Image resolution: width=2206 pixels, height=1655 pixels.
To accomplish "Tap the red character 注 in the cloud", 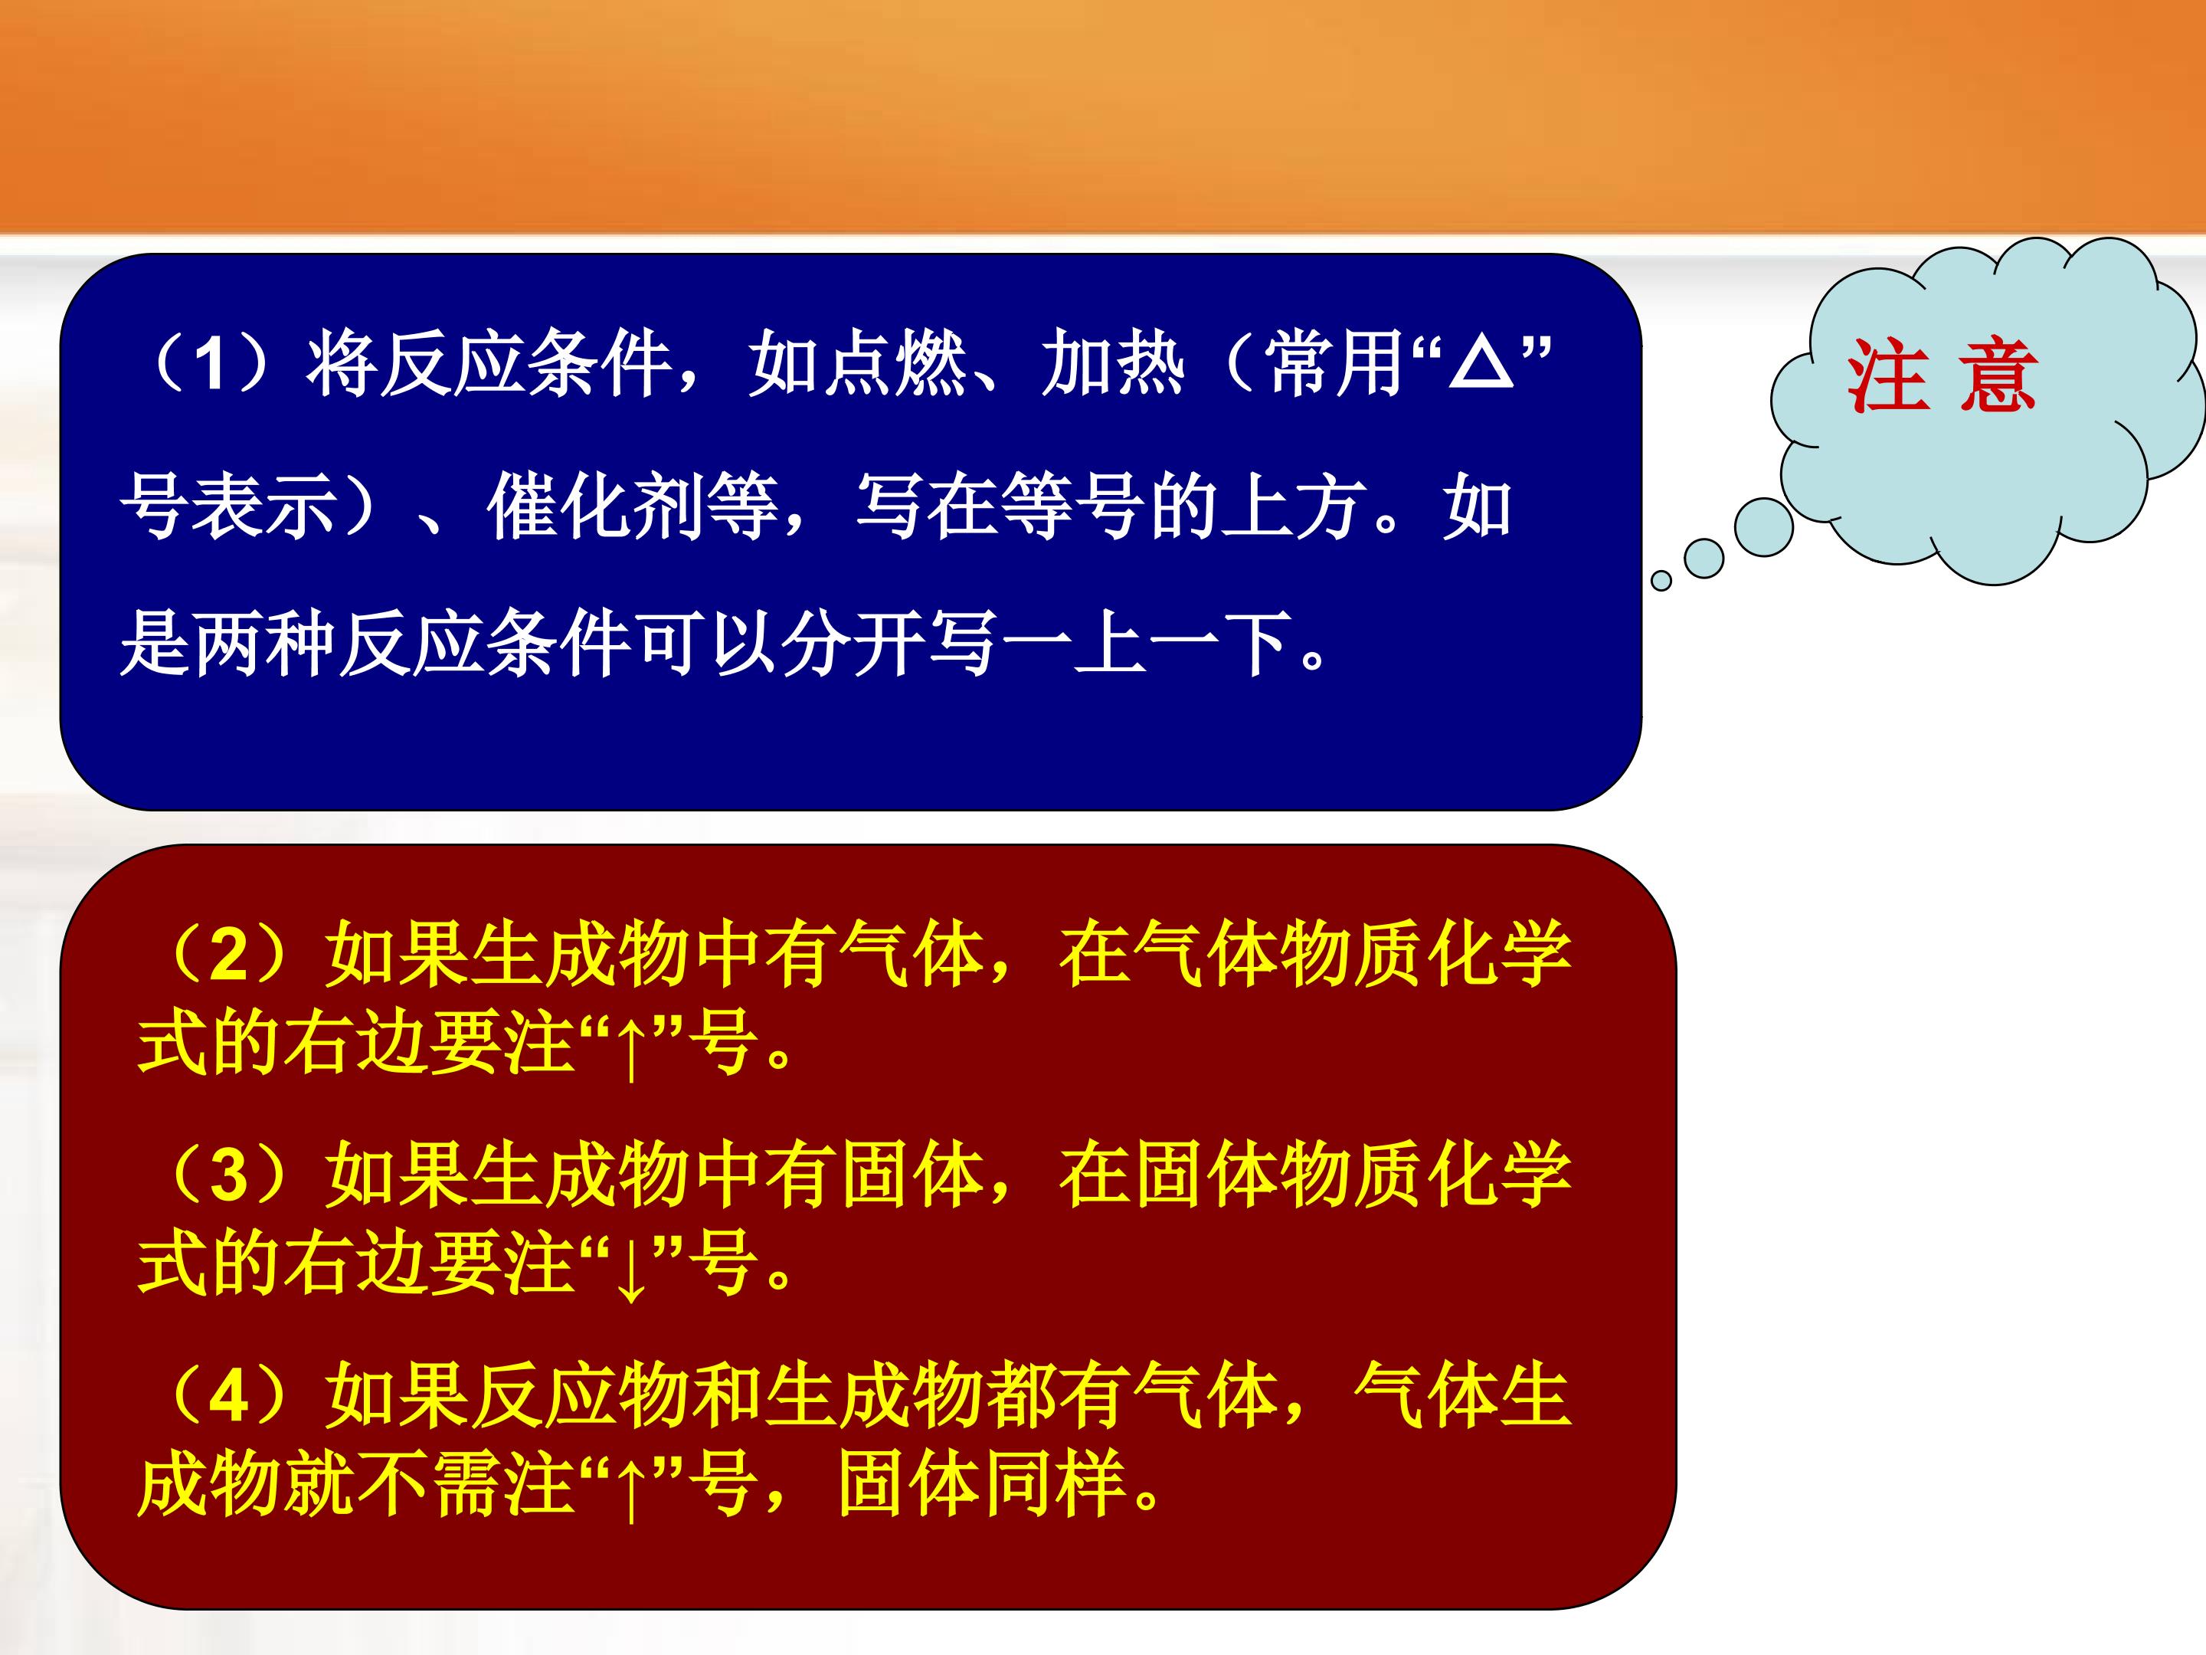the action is coord(1886,376).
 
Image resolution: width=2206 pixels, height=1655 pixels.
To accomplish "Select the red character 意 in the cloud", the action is coord(1997,376).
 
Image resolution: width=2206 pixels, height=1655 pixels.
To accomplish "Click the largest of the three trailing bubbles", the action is coord(1764,526).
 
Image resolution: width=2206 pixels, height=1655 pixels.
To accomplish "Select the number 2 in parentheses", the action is coord(228,955).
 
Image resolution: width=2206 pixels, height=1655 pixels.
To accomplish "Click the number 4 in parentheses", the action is coord(228,1394).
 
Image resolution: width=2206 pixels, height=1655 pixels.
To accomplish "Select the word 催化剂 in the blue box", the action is coord(632,506).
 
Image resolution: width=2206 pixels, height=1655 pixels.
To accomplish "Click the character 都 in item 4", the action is coord(1020,1394).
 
